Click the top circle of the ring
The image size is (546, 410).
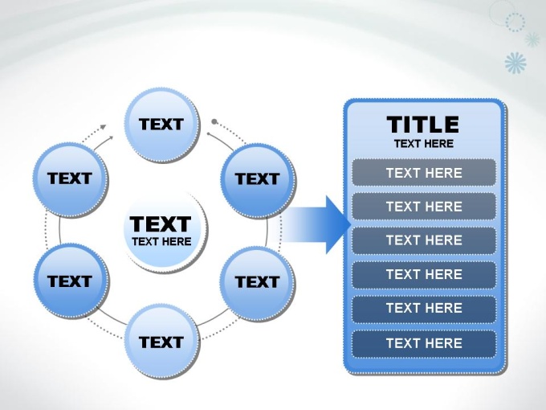(x=162, y=125)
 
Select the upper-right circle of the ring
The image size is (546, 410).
(x=258, y=181)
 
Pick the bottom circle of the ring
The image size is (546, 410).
(x=162, y=342)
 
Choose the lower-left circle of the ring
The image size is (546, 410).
(x=71, y=281)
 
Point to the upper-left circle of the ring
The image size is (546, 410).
(x=71, y=179)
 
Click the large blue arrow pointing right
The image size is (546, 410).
(x=315, y=224)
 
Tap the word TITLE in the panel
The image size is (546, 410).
(x=423, y=125)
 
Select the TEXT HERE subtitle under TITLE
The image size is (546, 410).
(x=424, y=144)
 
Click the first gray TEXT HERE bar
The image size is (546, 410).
(x=424, y=173)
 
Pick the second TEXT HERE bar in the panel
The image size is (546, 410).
(x=424, y=207)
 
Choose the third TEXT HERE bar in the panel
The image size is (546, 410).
(x=424, y=240)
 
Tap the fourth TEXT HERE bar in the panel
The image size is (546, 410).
(x=424, y=274)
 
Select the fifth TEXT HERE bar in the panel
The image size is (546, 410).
(x=424, y=308)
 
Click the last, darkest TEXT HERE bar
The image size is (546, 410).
(x=424, y=343)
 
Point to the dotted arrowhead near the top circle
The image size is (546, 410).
(x=103, y=127)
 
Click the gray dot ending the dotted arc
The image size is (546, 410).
(x=214, y=121)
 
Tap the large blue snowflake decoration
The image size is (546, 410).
(x=515, y=63)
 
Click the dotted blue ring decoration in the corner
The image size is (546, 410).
(x=515, y=22)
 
